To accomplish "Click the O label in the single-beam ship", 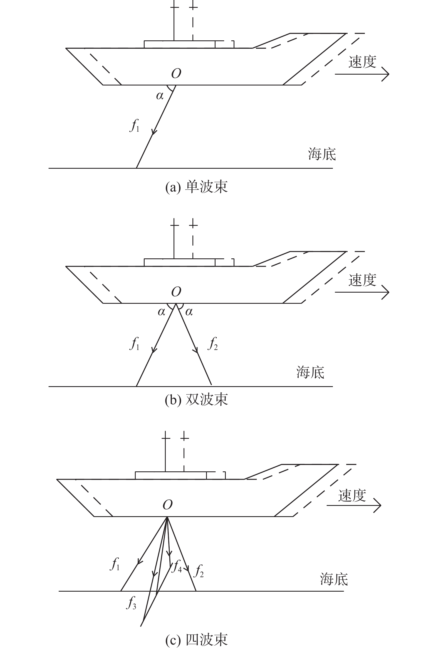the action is click(x=176, y=73).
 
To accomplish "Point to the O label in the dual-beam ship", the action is click(x=176, y=292).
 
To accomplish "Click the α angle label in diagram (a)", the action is click(x=160, y=96).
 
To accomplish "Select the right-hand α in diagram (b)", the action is click(x=189, y=312).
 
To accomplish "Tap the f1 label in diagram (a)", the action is click(x=135, y=125).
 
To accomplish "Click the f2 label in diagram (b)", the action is click(x=212, y=344).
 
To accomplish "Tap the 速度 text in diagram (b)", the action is click(x=362, y=280).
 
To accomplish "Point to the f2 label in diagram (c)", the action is click(x=199, y=570).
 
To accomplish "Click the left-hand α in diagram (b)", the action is click(x=162, y=312).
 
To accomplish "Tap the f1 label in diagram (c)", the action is click(x=115, y=564).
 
